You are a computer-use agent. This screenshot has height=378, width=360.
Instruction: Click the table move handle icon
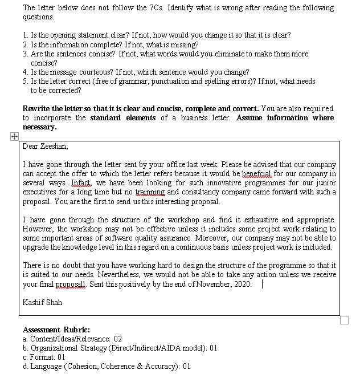(14, 136)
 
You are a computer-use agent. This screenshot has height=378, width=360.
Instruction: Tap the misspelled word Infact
(81, 183)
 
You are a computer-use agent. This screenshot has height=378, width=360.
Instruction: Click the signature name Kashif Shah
(42, 302)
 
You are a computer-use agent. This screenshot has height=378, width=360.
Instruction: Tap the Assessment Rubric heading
(56, 330)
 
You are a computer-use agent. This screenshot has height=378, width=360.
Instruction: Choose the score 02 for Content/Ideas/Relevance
(117, 339)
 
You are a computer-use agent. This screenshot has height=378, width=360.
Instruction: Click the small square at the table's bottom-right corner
(344, 320)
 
